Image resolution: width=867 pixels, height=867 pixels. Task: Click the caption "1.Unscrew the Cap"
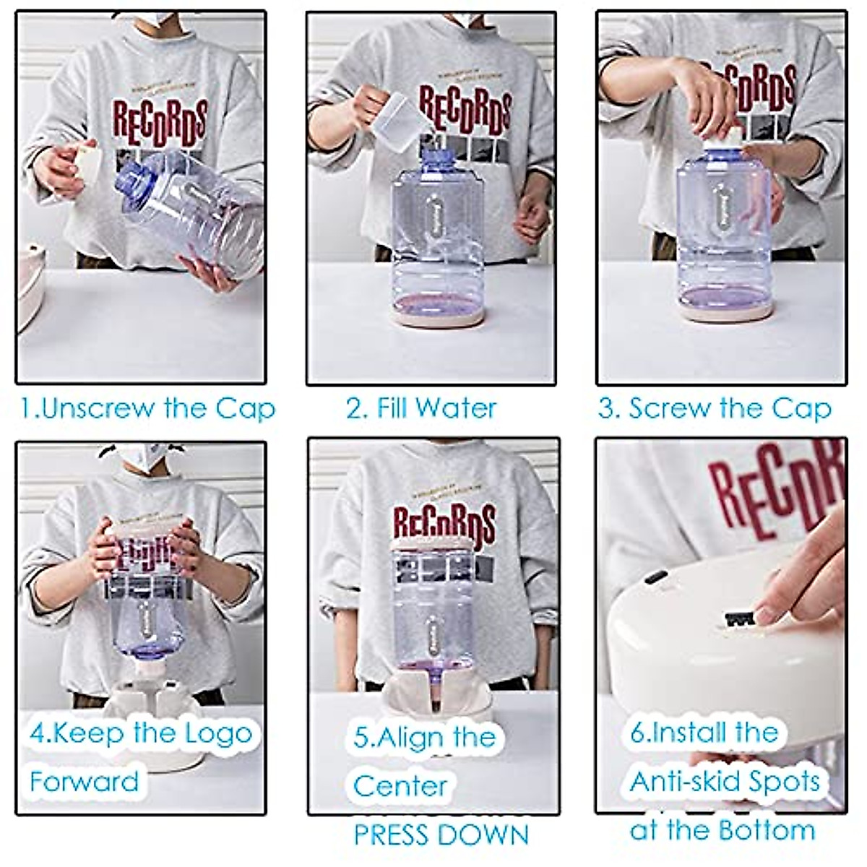(x=147, y=409)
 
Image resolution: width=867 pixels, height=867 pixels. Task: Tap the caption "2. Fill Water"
(x=421, y=409)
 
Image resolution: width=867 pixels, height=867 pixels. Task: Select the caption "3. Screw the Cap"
(x=714, y=409)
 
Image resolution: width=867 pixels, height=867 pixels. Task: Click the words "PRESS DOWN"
(x=441, y=835)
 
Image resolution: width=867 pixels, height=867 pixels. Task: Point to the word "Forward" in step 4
(x=85, y=782)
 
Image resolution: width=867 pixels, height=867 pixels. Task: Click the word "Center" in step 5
(x=400, y=786)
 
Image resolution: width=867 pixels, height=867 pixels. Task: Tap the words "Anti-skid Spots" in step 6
(x=725, y=782)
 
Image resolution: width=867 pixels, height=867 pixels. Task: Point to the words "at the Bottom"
(x=722, y=830)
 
